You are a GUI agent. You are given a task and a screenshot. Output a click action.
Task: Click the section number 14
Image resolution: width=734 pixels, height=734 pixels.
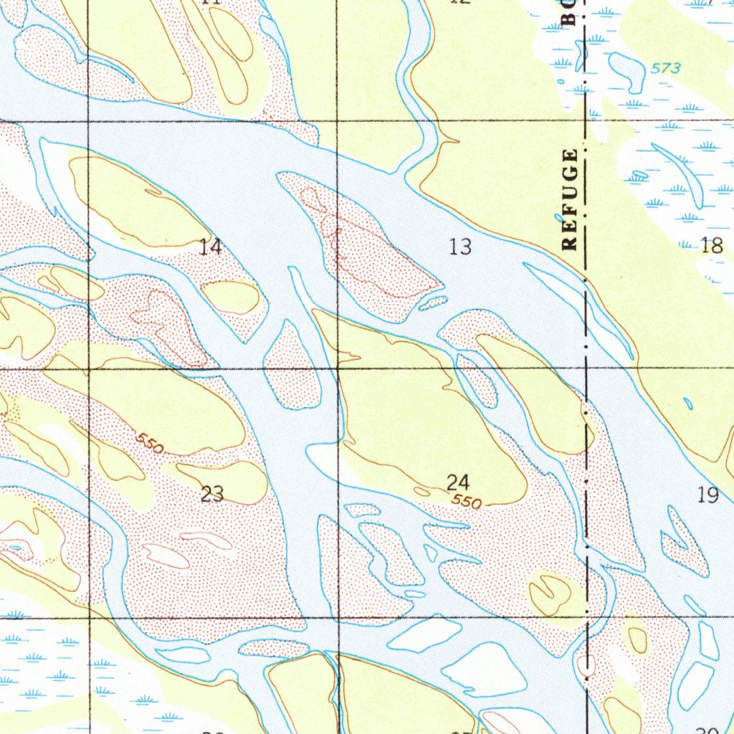pos(211,248)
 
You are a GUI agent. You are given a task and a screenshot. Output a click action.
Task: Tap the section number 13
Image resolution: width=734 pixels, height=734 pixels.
pos(460,247)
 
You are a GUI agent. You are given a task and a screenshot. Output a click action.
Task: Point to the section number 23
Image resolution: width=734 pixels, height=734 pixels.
pos(212,494)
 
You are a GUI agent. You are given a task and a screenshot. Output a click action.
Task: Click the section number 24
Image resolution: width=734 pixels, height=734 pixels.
pos(458,482)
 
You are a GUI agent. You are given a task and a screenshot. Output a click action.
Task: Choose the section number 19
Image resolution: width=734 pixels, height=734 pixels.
pos(708,495)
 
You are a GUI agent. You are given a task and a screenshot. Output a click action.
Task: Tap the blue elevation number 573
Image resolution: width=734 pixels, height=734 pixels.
pos(666,69)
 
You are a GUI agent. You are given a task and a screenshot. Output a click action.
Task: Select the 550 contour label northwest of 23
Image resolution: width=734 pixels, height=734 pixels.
pos(150,444)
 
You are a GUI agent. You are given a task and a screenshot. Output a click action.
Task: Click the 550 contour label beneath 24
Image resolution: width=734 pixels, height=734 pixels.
pos(467,502)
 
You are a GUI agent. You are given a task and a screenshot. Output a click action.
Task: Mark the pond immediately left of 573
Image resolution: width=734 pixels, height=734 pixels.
pos(628,71)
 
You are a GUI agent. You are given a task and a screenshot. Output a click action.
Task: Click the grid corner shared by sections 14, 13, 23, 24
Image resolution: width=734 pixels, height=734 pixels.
pos(338,368)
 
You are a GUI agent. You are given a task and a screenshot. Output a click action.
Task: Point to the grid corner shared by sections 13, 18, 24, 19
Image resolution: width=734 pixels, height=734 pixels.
pos(586,368)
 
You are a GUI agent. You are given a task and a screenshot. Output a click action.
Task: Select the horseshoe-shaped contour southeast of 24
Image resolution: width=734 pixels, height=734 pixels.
pos(550,593)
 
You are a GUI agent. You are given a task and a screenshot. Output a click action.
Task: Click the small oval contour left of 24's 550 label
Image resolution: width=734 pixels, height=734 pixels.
pos(422,492)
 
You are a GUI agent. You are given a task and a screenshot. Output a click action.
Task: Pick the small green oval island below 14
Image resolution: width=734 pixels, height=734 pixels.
pos(230,297)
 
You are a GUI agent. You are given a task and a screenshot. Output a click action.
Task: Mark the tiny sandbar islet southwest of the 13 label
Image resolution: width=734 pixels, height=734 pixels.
pos(433,303)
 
